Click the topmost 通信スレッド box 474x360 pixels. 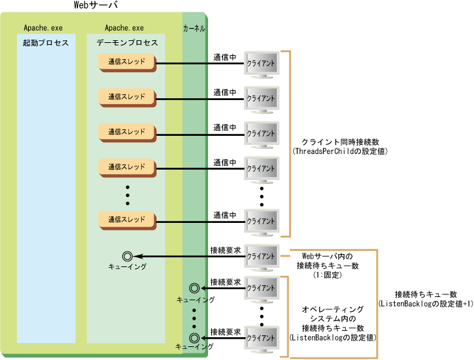127,62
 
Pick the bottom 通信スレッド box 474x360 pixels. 127,220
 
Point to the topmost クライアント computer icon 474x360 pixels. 261,65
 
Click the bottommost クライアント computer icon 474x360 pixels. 261,338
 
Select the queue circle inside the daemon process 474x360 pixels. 127,257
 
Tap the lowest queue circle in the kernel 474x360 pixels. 193,337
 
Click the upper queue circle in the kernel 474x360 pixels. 193,288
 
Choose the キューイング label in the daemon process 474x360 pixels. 127,267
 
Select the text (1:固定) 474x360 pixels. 327,276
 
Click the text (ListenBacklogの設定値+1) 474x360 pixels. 425,303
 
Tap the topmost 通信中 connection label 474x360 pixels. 225,57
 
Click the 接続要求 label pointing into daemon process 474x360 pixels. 225,250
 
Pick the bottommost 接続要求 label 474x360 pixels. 225,331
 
